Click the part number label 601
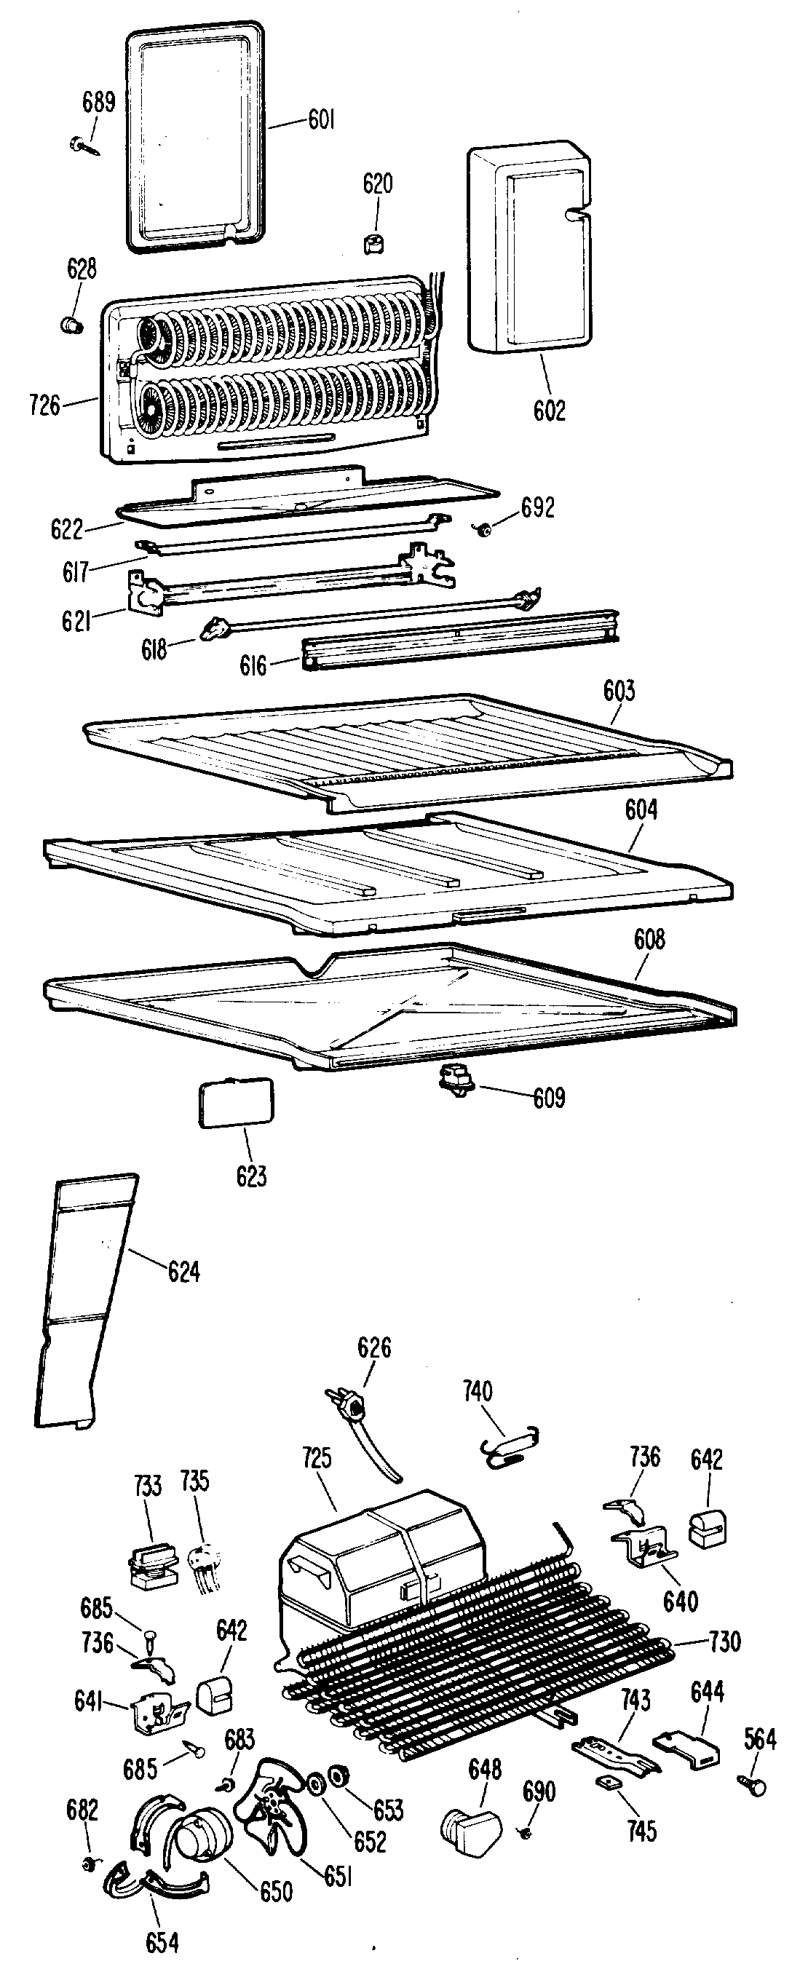(322, 120)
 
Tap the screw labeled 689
(83, 145)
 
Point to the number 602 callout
(549, 411)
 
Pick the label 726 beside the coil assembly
(44, 404)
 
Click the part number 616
(253, 665)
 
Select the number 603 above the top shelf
(619, 691)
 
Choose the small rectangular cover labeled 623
(235, 1103)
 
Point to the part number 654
(162, 1943)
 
